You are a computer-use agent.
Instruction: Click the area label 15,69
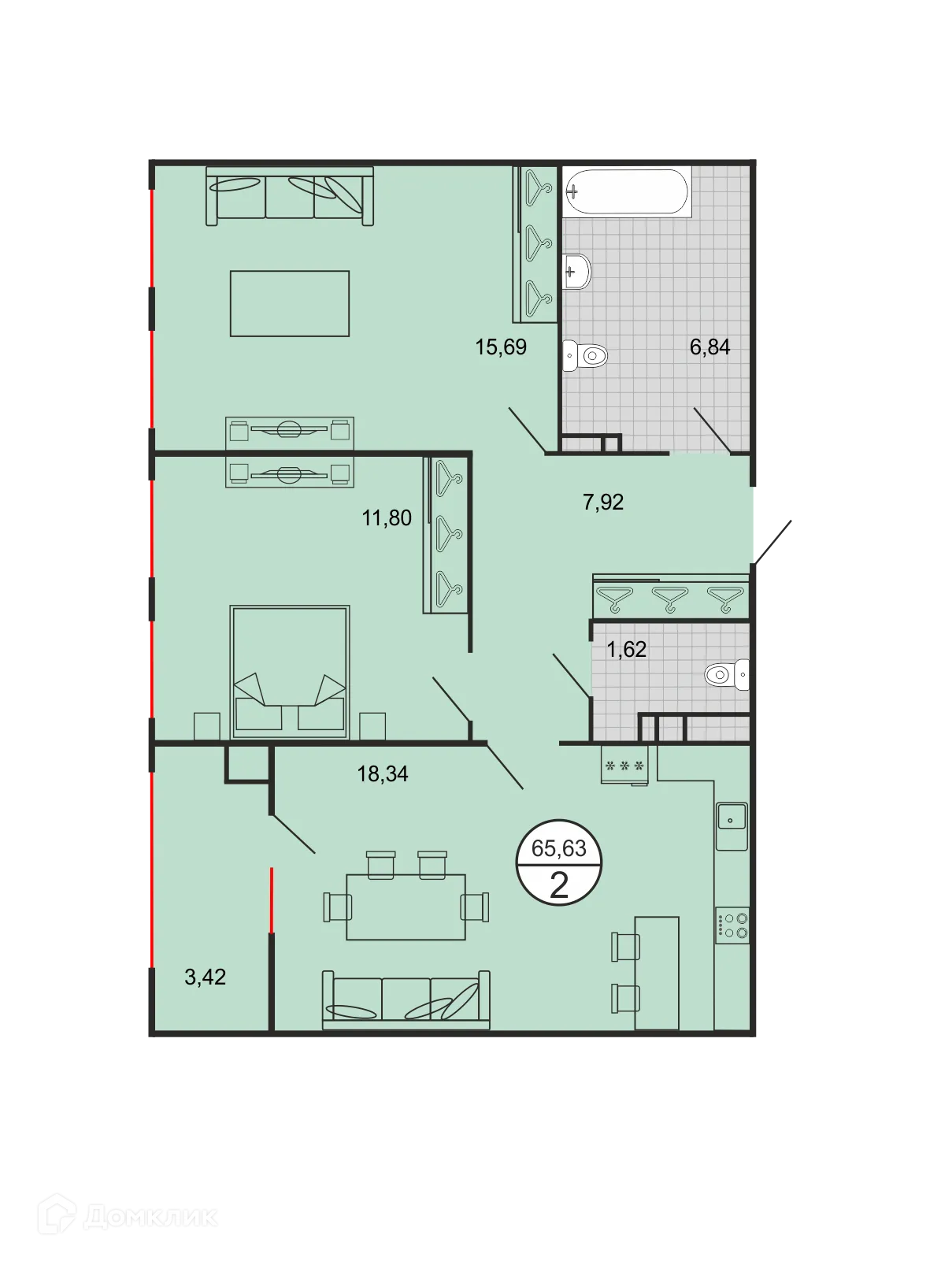pyautogui.click(x=501, y=347)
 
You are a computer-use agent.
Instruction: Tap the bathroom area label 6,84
pyautogui.click(x=709, y=347)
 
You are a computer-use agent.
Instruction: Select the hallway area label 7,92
pyautogui.click(x=603, y=502)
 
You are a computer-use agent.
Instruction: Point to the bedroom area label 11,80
pyautogui.click(x=387, y=517)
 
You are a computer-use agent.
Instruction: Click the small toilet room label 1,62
pyautogui.click(x=626, y=649)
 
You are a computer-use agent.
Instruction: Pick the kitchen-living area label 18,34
pyautogui.click(x=383, y=773)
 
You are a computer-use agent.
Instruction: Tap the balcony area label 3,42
pyautogui.click(x=205, y=977)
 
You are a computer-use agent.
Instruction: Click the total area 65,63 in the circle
pyautogui.click(x=559, y=848)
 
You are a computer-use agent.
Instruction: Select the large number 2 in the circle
pyautogui.click(x=559, y=885)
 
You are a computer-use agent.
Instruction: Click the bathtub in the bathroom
pyautogui.click(x=627, y=191)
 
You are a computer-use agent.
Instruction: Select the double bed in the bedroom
pyautogui.click(x=290, y=672)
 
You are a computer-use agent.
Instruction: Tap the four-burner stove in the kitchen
pyautogui.click(x=732, y=925)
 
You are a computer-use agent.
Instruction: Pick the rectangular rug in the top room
pyautogui.click(x=290, y=303)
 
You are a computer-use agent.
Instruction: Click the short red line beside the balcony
pyautogui.click(x=272, y=900)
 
